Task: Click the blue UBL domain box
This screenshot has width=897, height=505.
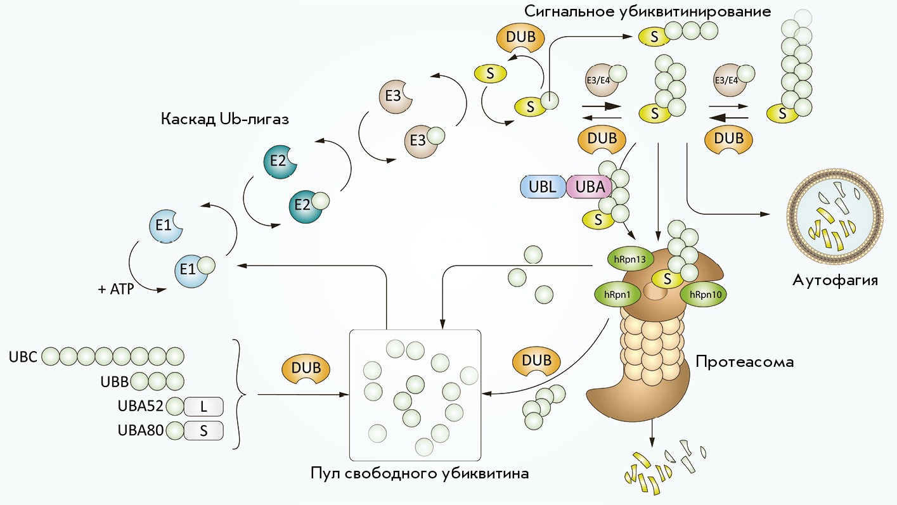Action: coord(543,187)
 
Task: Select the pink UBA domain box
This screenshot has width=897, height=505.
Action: coord(590,187)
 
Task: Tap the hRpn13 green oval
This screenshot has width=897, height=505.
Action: coord(630,259)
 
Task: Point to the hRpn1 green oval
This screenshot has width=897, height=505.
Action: coord(617,295)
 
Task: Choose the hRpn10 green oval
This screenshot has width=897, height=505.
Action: coord(704,295)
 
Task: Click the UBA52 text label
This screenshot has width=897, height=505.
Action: coord(141,406)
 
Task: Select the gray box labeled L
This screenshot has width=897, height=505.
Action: coord(203,407)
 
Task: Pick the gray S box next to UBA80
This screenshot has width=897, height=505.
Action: coord(203,431)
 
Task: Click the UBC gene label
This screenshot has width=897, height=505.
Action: coord(23,357)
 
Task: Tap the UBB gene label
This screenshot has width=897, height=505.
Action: coord(115,381)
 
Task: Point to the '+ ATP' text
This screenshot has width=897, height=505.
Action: coord(116,289)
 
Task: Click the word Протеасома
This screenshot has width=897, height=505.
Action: coord(745,362)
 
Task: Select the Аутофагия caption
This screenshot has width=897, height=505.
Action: coord(836,281)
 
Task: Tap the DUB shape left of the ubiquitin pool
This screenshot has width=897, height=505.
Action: coord(306,370)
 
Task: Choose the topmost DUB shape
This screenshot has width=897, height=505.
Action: coord(520,38)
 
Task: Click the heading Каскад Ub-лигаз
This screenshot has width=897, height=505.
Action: coord(225,119)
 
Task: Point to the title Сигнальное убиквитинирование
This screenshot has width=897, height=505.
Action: coord(648,11)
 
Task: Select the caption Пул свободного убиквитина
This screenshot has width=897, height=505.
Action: coord(420,474)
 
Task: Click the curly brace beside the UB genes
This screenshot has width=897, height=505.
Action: coord(240,394)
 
